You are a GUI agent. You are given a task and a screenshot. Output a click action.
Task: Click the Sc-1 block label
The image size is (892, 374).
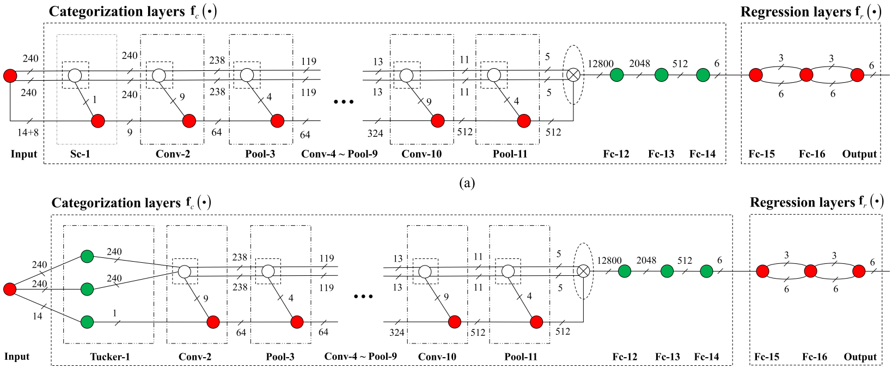[x=80, y=154]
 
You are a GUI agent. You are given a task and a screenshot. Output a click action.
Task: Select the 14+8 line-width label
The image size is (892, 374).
[x=28, y=132]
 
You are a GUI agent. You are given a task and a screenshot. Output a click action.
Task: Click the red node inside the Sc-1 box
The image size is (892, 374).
[x=98, y=121]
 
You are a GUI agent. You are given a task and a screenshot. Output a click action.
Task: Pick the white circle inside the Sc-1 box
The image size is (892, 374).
[x=75, y=75]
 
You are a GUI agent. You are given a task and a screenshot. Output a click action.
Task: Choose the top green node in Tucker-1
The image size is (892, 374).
[x=87, y=256]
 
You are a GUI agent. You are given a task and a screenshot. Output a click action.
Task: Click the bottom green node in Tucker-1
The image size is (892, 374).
[x=87, y=322]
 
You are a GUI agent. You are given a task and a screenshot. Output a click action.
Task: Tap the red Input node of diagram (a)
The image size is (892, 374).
[x=10, y=76]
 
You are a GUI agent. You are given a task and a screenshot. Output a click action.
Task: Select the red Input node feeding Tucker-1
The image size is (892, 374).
[x=10, y=289]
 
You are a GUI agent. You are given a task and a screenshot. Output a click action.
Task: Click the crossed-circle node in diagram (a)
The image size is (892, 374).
[x=573, y=75]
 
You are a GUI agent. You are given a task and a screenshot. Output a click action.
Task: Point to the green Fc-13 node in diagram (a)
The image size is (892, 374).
[x=661, y=75]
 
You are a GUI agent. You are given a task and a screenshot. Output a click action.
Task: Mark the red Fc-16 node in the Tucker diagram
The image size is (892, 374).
[x=810, y=271]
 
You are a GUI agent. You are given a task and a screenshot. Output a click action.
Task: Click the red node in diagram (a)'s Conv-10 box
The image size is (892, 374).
[x=437, y=121]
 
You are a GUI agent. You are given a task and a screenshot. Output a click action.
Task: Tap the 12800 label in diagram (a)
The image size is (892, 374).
[x=600, y=64]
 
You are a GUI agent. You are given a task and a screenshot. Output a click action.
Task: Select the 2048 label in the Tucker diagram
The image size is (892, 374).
[x=646, y=260]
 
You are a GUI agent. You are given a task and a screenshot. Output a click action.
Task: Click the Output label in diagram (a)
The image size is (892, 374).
[x=859, y=154]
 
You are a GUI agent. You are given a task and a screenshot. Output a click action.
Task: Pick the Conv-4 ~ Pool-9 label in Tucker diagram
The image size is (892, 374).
[x=361, y=357]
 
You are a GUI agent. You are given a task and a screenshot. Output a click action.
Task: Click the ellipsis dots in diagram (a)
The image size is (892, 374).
[x=344, y=102]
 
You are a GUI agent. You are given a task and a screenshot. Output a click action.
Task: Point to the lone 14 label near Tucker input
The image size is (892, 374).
[x=37, y=316]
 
